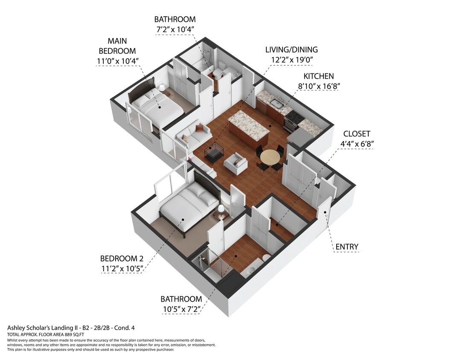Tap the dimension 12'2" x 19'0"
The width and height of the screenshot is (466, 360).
click(x=291, y=60)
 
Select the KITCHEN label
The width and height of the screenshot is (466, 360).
click(x=318, y=76)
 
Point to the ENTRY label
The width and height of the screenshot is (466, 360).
click(x=347, y=247)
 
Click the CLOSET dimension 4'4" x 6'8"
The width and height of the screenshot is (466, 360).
click(x=356, y=144)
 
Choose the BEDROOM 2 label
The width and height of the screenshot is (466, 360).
click(x=122, y=258)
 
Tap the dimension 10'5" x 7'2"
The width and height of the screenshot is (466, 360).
click(x=181, y=309)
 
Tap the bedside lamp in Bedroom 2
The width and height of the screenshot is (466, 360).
click(x=221, y=209)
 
